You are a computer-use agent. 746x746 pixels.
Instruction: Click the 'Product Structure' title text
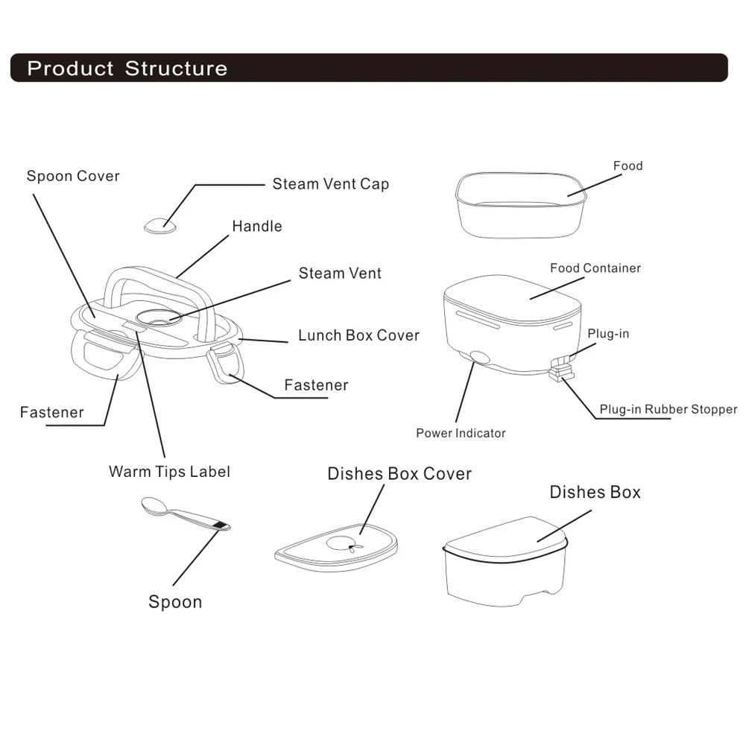[127, 69]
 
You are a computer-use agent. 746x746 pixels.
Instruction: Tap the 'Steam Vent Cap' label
[330, 184]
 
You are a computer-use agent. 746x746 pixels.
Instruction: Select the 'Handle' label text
[257, 226]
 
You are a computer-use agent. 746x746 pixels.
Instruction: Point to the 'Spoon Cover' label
[73, 177]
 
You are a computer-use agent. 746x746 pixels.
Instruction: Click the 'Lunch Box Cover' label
[358, 335]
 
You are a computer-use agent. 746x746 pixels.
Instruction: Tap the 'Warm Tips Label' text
[169, 471]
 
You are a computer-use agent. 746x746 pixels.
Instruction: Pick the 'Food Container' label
[595, 268]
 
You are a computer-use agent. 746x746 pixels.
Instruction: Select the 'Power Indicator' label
[461, 433]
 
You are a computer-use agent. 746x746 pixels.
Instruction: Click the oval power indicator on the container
[479, 357]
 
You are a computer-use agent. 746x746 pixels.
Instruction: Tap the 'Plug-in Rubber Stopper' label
[668, 409]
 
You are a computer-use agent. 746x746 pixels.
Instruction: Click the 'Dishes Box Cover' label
[399, 474]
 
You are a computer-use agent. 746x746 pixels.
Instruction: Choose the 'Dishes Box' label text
[595, 492]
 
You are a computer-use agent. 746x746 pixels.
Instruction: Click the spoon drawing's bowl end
[154, 505]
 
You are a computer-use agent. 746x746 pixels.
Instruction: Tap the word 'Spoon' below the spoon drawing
[175, 602]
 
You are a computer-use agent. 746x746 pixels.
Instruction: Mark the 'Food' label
[628, 165]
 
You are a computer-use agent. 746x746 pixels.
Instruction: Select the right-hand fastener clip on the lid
[226, 364]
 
